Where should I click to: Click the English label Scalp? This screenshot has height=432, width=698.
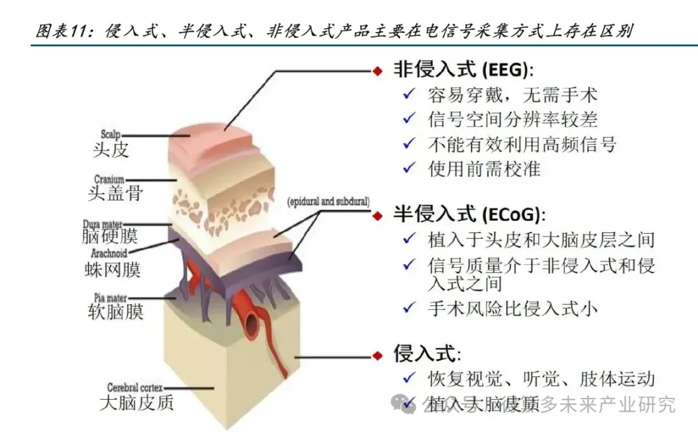(111, 135)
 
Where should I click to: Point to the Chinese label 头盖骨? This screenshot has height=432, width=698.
(115, 192)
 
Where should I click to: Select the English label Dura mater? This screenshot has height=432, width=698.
(103, 224)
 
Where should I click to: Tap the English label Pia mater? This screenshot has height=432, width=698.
(107, 298)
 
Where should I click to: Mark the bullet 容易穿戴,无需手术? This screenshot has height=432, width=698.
(513, 96)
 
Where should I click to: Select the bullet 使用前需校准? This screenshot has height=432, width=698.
(483, 169)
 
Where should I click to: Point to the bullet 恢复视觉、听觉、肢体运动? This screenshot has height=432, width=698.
(541, 378)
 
